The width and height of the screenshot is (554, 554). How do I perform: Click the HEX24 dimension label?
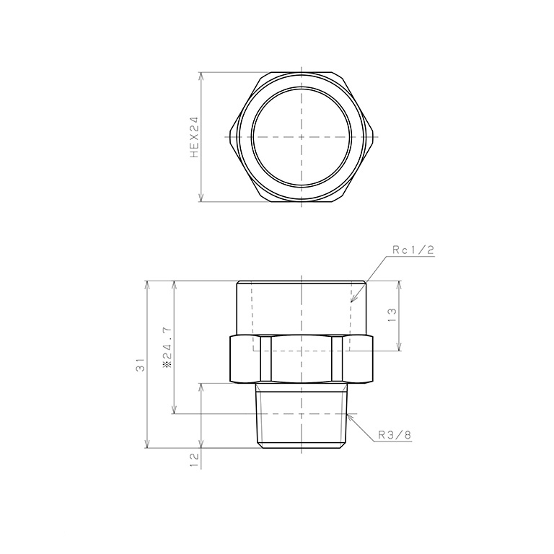pos(193,136)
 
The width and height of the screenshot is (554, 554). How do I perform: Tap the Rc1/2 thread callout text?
pos(412,250)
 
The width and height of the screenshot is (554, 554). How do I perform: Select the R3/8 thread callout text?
pos(394,434)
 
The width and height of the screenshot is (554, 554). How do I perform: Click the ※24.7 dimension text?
pos(167,347)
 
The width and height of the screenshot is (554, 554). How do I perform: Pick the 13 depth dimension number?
pos(392,315)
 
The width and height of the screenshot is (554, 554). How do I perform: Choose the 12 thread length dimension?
pos(193,459)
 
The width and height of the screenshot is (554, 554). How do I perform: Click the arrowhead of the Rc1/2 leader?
pos(351,300)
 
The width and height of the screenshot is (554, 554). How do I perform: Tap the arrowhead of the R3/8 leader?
pos(348,415)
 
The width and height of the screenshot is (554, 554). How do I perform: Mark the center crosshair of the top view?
pos(301,136)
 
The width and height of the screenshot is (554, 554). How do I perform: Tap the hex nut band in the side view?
pos(301,359)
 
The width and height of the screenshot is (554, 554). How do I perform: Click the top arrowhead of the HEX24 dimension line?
pos(201,75)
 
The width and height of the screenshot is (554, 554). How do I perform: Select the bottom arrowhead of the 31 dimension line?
pos(148,446)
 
